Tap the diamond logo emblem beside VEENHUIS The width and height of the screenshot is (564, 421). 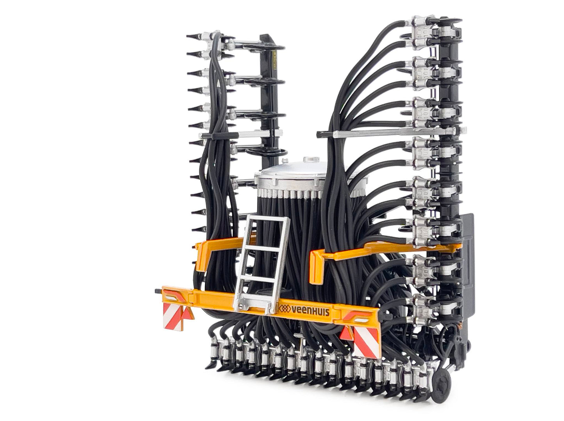pos(284,308)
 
